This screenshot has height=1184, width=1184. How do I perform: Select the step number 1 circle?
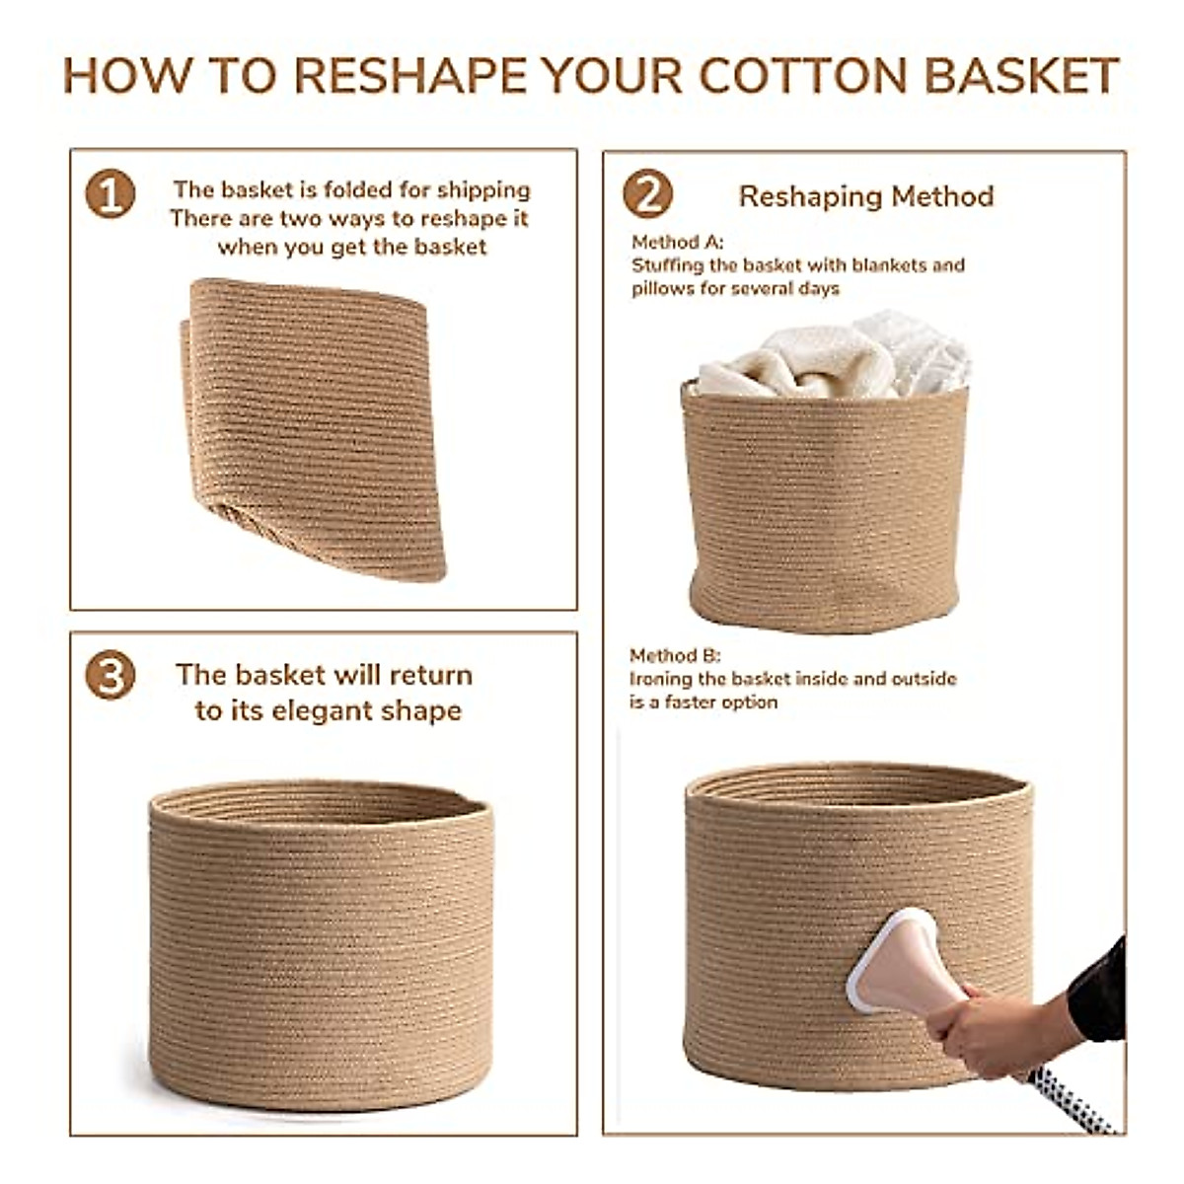click(110, 193)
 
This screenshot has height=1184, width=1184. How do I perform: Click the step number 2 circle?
click(647, 193)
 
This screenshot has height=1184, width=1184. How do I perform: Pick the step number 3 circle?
click(110, 677)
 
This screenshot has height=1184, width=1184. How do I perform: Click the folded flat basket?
click(314, 424)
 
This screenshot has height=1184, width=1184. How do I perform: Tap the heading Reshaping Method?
click(866, 196)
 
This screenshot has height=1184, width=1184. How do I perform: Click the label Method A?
click(677, 242)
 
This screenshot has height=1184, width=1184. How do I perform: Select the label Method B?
click(675, 656)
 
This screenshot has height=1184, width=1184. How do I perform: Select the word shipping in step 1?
click(483, 190)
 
